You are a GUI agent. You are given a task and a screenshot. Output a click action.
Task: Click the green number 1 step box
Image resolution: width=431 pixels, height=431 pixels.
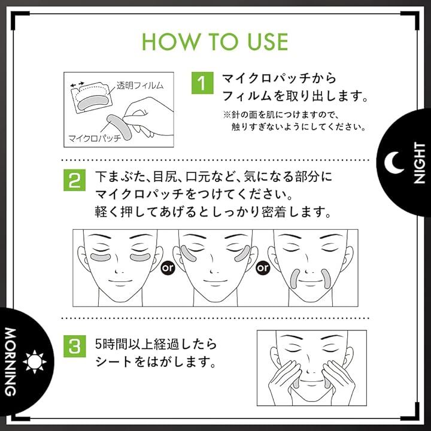click(202, 83)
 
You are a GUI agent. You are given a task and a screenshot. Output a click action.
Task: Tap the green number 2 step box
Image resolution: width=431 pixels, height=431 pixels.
click(74, 180)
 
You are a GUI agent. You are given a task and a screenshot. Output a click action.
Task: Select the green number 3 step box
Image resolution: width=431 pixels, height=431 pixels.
click(74, 346)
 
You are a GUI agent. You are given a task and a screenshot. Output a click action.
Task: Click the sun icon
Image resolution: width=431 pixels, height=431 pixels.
click(35, 362)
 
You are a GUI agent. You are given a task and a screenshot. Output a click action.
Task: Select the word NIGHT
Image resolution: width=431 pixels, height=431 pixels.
click(419, 163)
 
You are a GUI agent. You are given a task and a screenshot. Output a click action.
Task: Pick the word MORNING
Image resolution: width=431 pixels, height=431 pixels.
click(11, 362)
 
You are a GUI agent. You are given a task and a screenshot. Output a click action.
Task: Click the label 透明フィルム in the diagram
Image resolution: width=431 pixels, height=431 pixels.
click(140, 86)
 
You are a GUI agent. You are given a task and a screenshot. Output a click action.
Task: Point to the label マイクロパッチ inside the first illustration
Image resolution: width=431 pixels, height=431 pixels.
click(95, 138)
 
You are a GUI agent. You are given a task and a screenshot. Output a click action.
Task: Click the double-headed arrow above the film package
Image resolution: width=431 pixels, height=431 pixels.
click(77, 84)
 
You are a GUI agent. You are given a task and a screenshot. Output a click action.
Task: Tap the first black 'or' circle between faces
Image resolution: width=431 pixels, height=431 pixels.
click(168, 268)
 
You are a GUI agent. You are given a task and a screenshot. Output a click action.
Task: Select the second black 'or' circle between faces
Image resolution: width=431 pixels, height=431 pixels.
click(263, 268)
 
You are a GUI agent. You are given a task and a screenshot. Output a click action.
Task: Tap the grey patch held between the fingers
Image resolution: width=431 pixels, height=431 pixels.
click(119, 127)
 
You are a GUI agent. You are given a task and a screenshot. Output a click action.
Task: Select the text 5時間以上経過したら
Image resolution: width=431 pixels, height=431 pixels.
click(156, 344)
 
